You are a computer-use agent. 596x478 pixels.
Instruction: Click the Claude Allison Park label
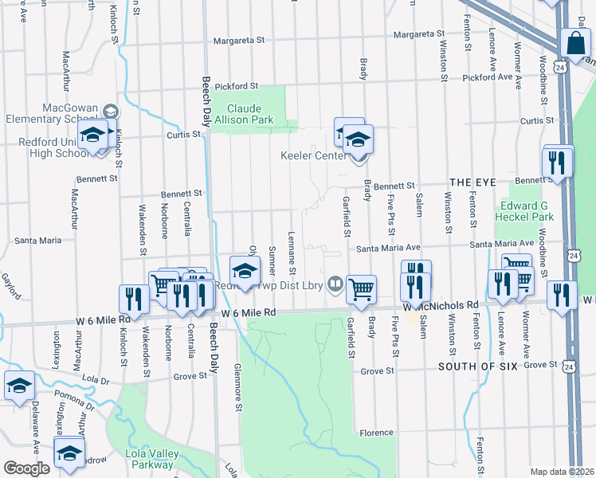(250, 114)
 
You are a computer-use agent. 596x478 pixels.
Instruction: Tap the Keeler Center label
(313, 156)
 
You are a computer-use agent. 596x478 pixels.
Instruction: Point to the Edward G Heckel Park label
(524, 210)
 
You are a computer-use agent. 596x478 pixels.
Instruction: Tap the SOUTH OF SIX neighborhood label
(476, 366)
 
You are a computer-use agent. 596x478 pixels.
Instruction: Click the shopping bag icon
(574, 45)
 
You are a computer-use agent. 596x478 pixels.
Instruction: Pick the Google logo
(26, 468)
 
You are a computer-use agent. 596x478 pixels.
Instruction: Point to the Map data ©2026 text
(562, 472)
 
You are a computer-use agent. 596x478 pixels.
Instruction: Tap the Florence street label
(376, 433)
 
